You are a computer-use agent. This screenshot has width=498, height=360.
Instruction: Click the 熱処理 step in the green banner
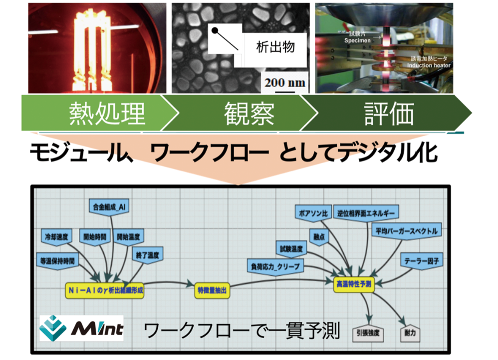pyautogui.click(x=107, y=114)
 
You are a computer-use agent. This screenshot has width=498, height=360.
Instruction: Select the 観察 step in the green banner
pyautogui.click(x=249, y=114)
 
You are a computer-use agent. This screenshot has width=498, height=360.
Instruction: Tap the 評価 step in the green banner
pyautogui.click(x=390, y=114)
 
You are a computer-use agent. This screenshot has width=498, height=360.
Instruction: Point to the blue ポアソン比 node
pyautogui.click(x=312, y=212)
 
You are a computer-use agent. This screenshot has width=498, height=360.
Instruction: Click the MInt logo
pyautogui.click(x=81, y=328)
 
